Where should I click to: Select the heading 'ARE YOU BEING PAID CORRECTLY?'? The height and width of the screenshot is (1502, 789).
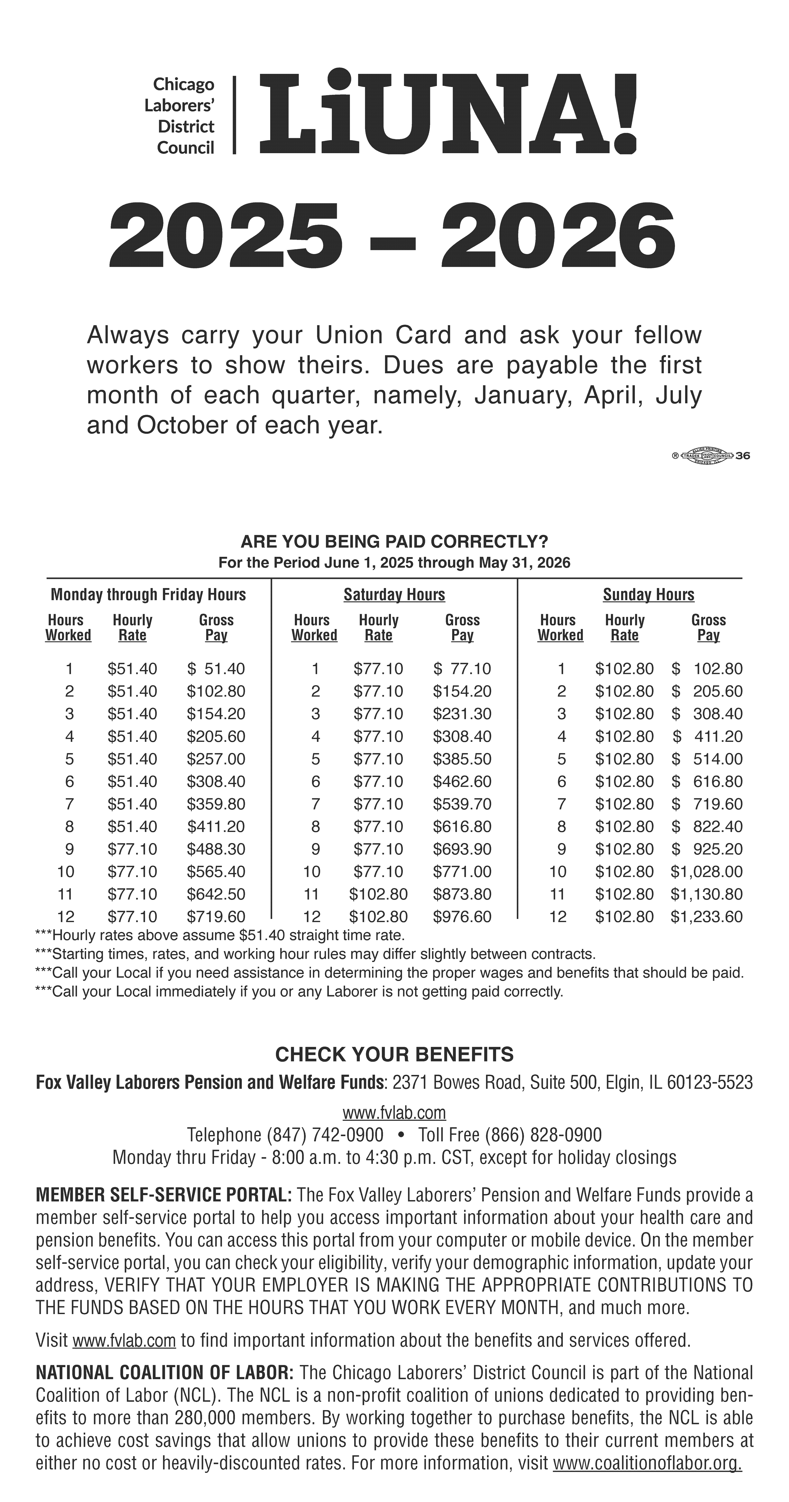(x=394, y=542)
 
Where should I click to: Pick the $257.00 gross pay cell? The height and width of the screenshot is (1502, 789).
(x=216, y=759)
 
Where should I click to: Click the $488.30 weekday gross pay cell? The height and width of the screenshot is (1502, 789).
(x=216, y=849)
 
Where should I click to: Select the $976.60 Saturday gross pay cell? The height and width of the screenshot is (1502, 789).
(x=462, y=917)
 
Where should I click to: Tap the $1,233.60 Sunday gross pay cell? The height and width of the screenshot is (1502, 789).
(x=707, y=917)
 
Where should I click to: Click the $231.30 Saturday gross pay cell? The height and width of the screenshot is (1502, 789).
(x=462, y=714)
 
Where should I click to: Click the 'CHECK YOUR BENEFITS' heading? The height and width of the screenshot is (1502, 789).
(x=394, y=1054)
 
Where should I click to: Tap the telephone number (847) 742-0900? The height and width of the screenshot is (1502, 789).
(x=325, y=1135)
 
